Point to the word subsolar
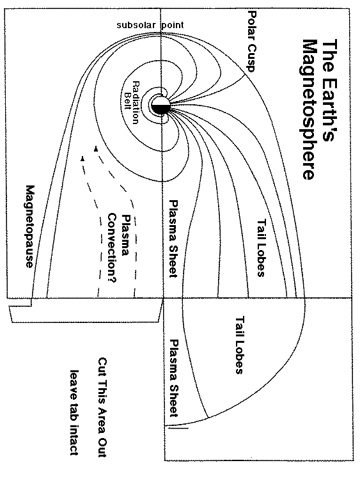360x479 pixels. pos(136,25)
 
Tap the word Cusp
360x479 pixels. pos(251,56)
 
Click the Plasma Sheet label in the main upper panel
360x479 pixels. pos(173,238)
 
